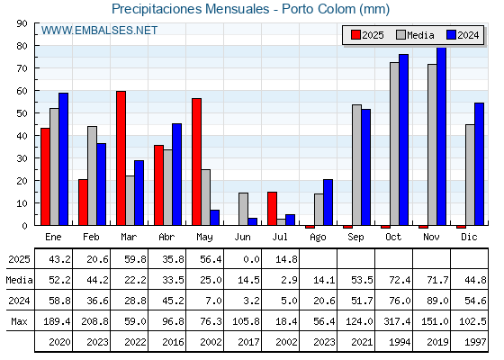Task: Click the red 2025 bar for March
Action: (121, 158)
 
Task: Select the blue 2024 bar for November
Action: (442, 136)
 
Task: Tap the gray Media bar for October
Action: (394, 144)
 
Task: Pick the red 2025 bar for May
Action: (196, 162)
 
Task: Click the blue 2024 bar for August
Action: (328, 202)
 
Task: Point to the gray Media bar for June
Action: (243, 209)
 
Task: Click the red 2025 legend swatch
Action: (355, 35)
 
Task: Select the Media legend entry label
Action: (420, 35)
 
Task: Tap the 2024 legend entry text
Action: (468, 35)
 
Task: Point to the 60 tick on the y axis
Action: (22, 91)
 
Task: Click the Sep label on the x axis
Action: (355, 238)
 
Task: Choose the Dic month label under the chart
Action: (469, 237)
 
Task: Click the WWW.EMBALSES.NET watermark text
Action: (99, 31)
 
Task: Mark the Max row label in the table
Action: (19, 321)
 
